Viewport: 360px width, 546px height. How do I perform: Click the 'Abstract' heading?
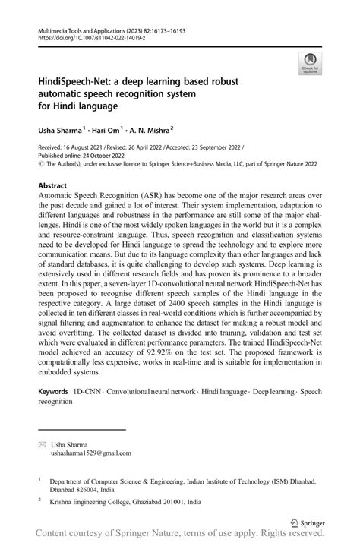(x=54, y=185)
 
